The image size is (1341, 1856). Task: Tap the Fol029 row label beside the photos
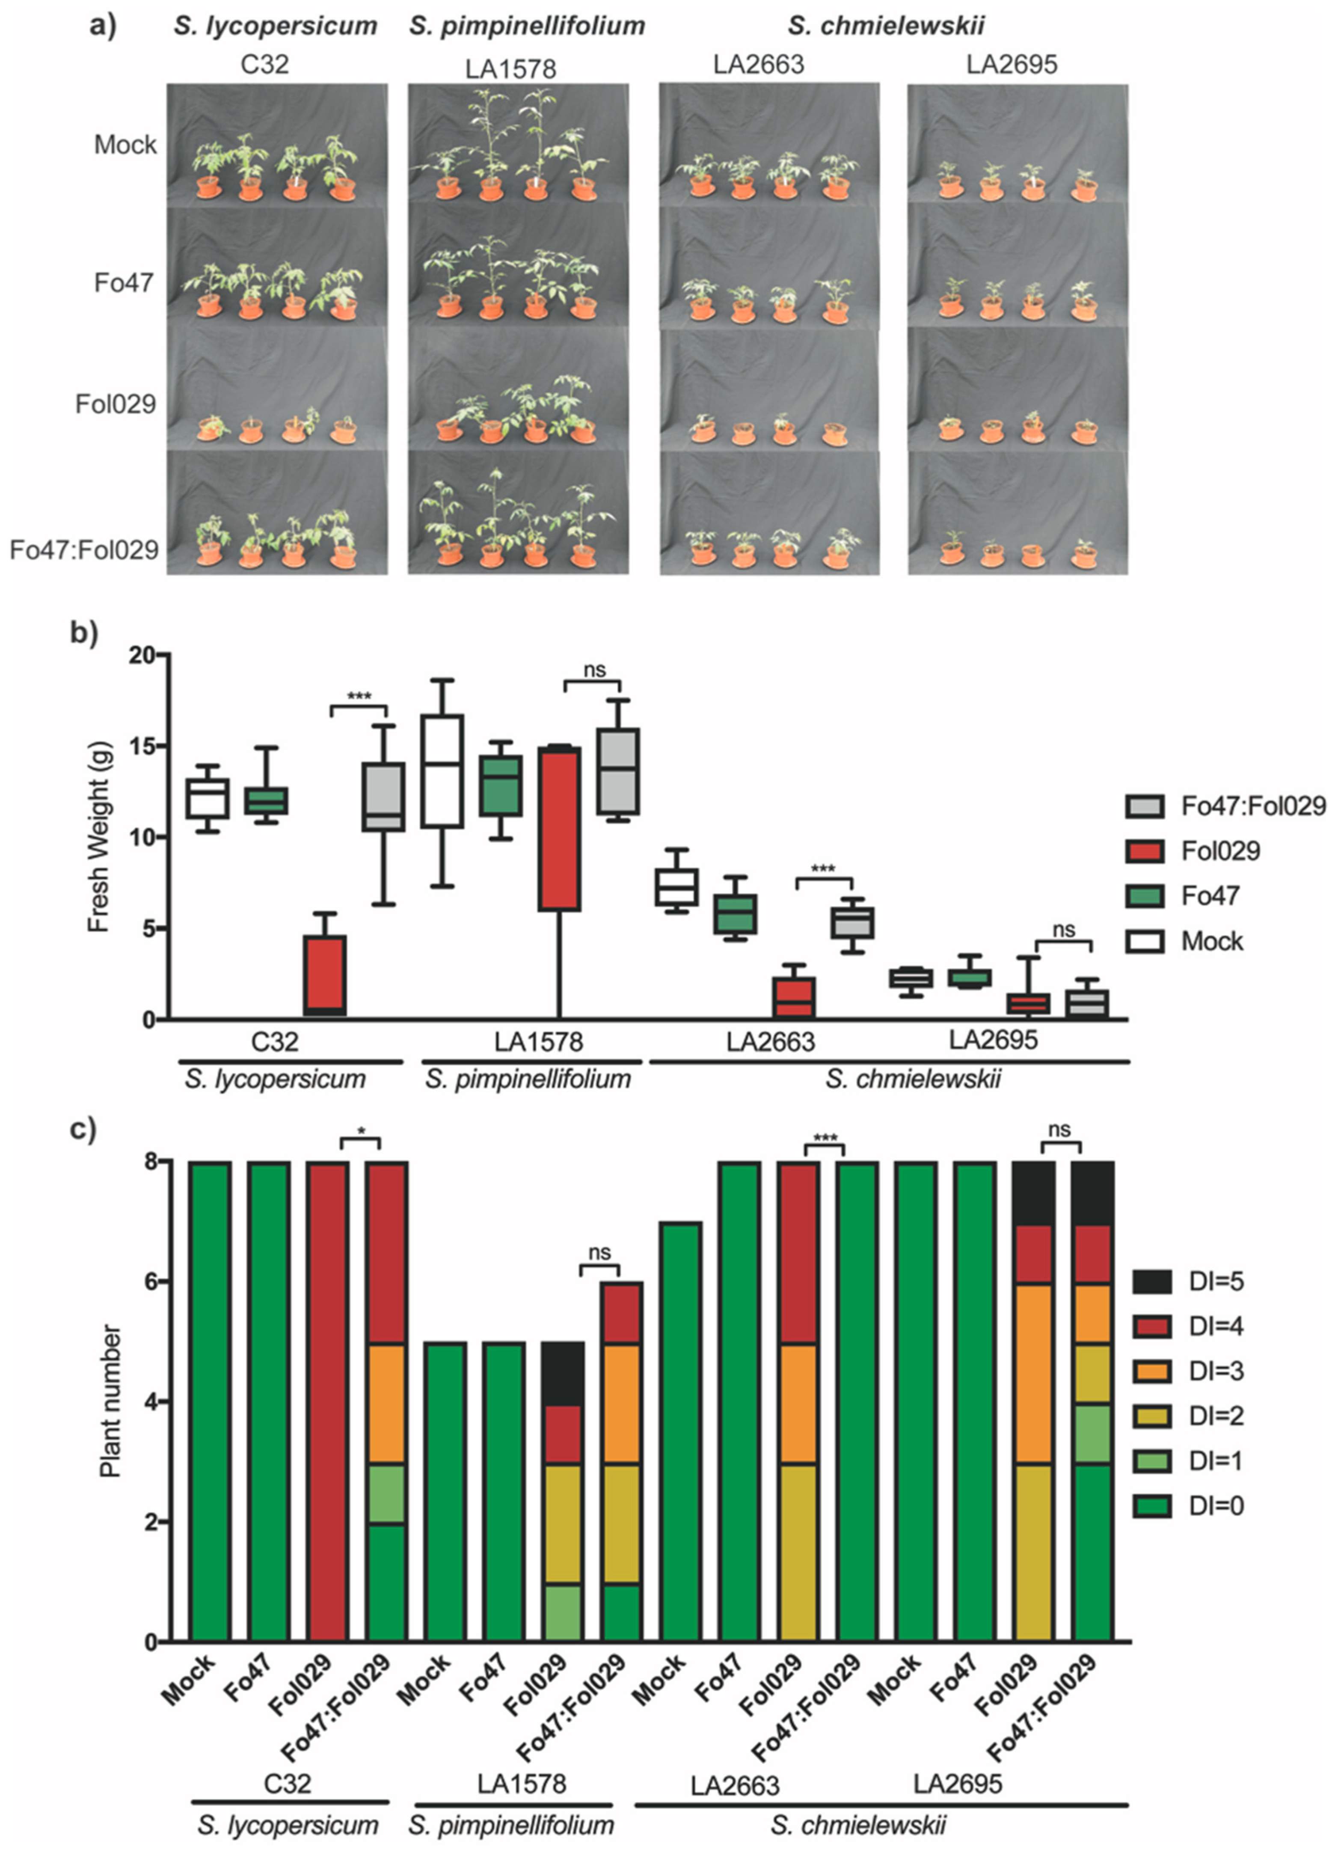(116, 404)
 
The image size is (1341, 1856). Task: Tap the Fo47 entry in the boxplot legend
(1209, 896)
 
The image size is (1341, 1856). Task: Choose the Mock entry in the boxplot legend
(1211, 941)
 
